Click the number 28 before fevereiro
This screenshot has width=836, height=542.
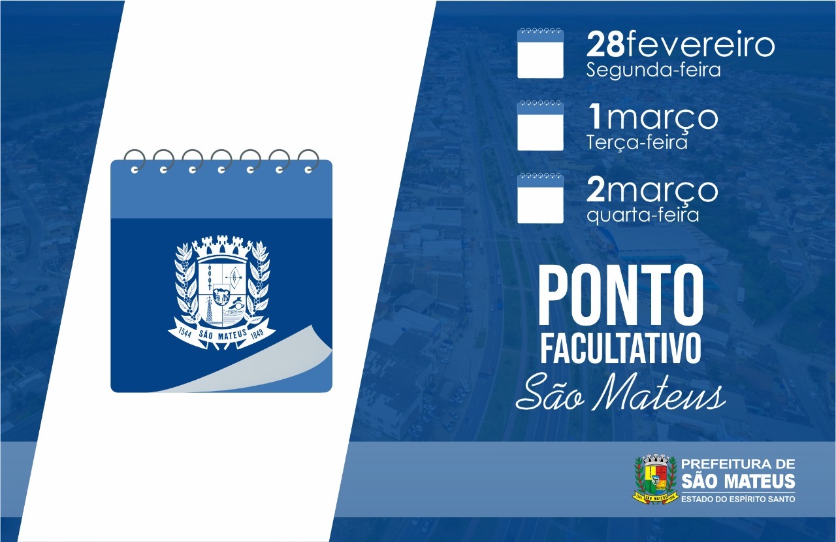(605, 45)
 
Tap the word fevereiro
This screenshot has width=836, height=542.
(699, 45)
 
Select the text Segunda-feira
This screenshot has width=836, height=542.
(653, 70)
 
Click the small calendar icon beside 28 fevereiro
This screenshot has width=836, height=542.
(540, 53)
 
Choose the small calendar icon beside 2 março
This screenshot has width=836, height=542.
(540, 197)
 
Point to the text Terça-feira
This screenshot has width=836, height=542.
(637, 142)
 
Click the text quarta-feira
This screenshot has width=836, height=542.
(642, 216)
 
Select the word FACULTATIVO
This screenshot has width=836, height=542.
(620, 348)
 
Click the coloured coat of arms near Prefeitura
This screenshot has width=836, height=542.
(655, 479)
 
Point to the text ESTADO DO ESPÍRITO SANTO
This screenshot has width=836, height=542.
(738, 499)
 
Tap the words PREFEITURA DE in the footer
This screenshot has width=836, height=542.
(738, 464)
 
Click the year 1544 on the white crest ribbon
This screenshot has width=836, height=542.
(185, 333)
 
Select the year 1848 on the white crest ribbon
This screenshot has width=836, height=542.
(257, 333)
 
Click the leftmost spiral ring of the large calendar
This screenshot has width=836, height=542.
(135, 161)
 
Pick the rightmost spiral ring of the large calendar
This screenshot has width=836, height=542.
(308, 161)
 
